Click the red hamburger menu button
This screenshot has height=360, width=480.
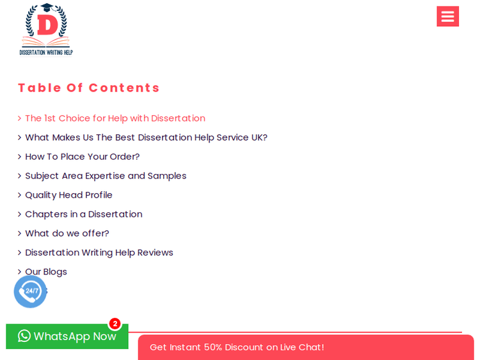click(447, 16)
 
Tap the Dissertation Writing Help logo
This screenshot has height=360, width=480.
click(46, 29)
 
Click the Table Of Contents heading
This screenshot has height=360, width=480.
click(89, 88)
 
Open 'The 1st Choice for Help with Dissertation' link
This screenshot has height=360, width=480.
click(115, 118)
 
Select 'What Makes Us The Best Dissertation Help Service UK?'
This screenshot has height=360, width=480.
click(147, 137)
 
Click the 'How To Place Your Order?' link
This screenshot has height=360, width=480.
click(83, 157)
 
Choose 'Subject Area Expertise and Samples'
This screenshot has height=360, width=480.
click(106, 176)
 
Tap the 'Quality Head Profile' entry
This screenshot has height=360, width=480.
click(68, 195)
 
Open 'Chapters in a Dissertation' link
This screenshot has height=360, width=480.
click(84, 214)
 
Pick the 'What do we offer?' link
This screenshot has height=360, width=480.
click(67, 233)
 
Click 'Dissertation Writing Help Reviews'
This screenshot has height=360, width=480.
click(99, 253)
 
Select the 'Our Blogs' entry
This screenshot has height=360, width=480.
click(46, 272)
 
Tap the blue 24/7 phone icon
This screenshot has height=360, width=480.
click(30, 292)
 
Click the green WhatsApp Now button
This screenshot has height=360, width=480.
click(67, 336)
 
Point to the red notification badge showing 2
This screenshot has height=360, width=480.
click(115, 324)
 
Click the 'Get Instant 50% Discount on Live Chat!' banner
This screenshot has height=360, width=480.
click(306, 347)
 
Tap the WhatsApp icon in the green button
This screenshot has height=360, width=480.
click(24, 336)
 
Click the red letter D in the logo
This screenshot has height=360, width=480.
click(47, 25)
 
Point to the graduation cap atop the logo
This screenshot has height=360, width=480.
click(47, 7)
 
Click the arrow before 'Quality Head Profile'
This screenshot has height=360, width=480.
click(20, 195)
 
